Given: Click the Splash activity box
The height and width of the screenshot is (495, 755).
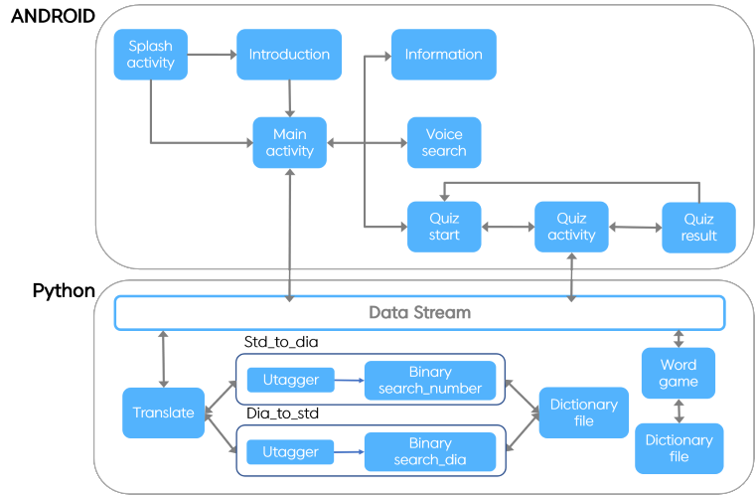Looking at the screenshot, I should coord(150,55).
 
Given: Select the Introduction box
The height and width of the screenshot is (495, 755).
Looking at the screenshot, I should coord(289,55).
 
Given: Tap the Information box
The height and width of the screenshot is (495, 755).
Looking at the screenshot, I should coord(443,55).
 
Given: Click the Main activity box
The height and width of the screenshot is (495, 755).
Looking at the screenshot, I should coord(289,142).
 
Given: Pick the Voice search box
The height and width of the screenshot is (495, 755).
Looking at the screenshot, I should coord(443,142).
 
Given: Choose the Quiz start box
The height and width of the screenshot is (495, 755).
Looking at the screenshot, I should coord(443,227).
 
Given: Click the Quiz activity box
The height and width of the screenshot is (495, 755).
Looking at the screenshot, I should coord(571,227).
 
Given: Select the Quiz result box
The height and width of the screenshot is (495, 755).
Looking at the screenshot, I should coord(698,227).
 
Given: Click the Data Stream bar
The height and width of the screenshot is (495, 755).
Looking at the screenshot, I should coord(419,312).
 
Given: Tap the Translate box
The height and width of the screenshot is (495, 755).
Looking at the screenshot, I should coord(163,412).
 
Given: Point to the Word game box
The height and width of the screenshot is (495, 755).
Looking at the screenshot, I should coord(679,373).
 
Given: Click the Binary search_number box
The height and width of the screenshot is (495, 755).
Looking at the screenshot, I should coord(429,380).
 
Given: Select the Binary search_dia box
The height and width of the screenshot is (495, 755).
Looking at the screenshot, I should coord(429,451).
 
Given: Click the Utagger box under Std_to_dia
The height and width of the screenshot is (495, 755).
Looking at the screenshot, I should coord(290,380).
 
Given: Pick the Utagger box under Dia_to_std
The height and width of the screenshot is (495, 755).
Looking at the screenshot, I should coord(290,451).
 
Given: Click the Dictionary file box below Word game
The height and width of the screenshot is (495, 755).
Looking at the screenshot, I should coord(679,448).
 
